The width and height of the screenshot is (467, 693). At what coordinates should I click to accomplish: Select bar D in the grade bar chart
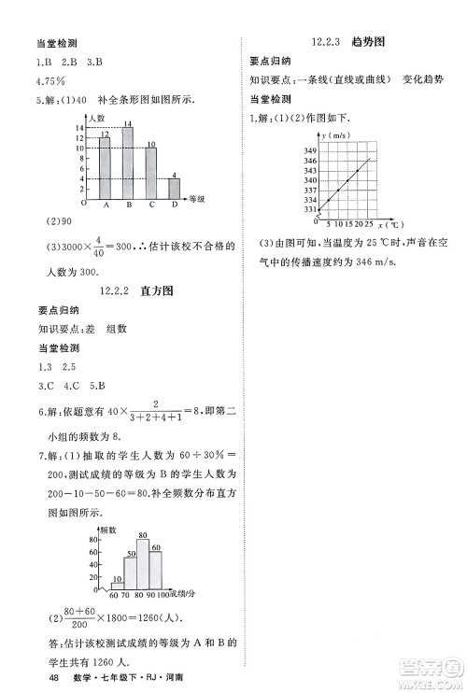pos(174,189)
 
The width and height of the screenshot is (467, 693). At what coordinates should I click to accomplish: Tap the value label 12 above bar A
pos(105,134)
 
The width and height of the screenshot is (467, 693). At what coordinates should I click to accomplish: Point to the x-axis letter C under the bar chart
pos(151,205)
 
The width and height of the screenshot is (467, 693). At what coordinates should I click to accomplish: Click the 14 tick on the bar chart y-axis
pos(80,128)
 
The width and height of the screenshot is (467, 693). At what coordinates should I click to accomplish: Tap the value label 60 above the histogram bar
pos(157,547)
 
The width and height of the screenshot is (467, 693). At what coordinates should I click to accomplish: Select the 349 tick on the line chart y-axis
pos(310,150)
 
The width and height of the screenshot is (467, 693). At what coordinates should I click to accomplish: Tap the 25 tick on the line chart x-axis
pos(369,225)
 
